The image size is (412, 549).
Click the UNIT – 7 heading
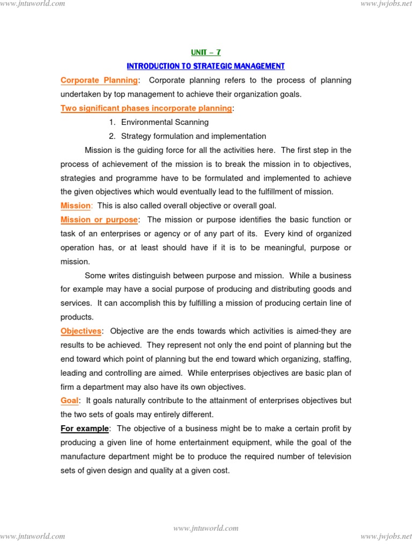point(205,52)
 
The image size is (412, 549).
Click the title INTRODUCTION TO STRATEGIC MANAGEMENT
point(205,66)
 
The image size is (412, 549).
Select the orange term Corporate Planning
point(99,80)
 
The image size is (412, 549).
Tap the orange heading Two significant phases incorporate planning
point(146,108)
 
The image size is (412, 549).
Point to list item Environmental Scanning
point(165,122)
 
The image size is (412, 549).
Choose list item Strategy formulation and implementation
point(193,136)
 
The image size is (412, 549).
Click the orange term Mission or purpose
point(99,220)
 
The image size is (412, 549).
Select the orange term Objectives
point(80,331)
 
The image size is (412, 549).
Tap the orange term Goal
point(70,400)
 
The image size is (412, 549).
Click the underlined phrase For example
point(85,428)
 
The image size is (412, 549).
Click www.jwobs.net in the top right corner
point(383,4)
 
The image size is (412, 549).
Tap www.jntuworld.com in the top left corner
point(33,4)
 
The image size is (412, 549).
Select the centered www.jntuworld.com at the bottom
point(206,528)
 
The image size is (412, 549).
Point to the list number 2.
point(112,136)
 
